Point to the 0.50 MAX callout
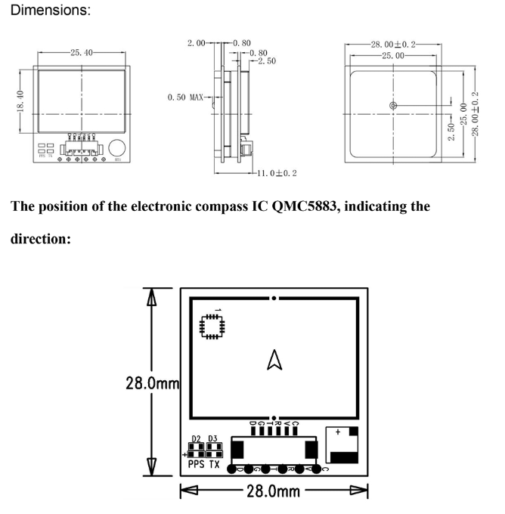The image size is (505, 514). pyautogui.click(x=185, y=98)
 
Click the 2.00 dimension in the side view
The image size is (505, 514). pyautogui.click(x=195, y=44)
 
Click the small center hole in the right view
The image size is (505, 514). pyautogui.click(x=393, y=105)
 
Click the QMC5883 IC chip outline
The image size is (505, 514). pyautogui.click(x=212, y=325)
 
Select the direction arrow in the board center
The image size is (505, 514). pyautogui.click(x=274, y=364)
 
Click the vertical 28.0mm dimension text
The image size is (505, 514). pyautogui.click(x=152, y=383)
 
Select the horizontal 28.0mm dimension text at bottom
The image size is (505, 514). pyautogui.click(x=274, y=492)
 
